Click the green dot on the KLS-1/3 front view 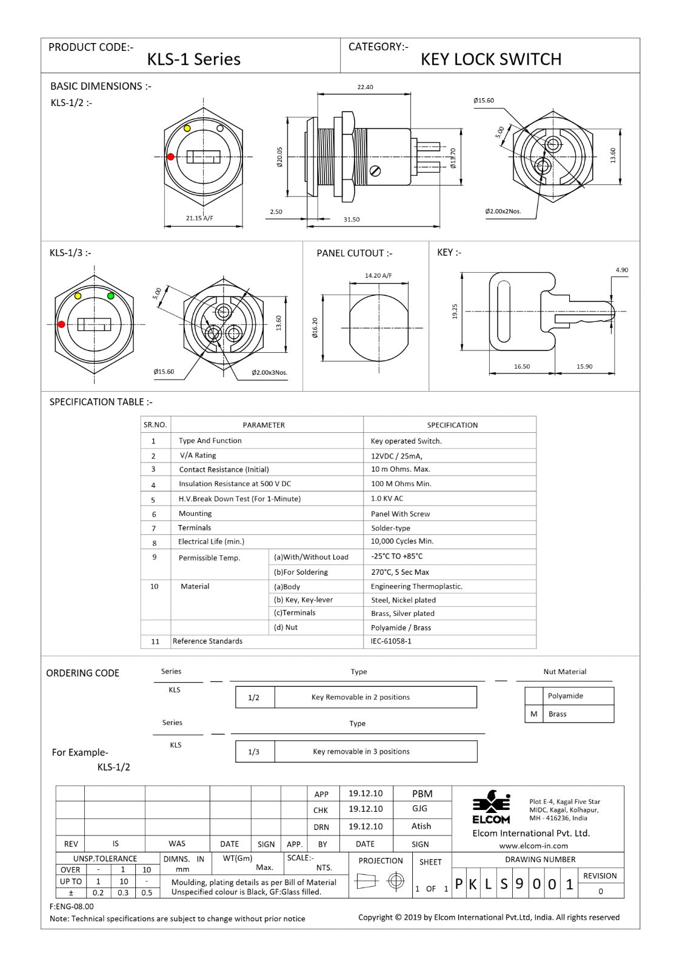click(x=111, y=296)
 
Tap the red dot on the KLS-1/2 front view click(x=171, y=157)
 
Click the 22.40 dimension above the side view click(x=365, y=87)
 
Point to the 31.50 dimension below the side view click(x=352, y=219)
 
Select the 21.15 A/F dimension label click(x=199, y=218)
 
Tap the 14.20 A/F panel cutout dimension click(x=378, y=275)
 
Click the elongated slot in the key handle click(x=503, y=311)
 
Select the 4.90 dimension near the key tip click(x=621, y=270)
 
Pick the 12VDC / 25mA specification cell click(x=396, y=456)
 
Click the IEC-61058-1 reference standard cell click(x=391, y=641)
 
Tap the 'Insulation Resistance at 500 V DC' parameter click(x=235, y=484)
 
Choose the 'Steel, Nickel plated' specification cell click(x=403, y=600)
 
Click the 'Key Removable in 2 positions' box click(x=360, y=697)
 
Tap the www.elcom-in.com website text click(x=533, y=846)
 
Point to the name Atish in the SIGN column click(x=421, y=826)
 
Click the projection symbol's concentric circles click(x=396, y=881)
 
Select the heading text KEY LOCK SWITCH click(x=491, y=59)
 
